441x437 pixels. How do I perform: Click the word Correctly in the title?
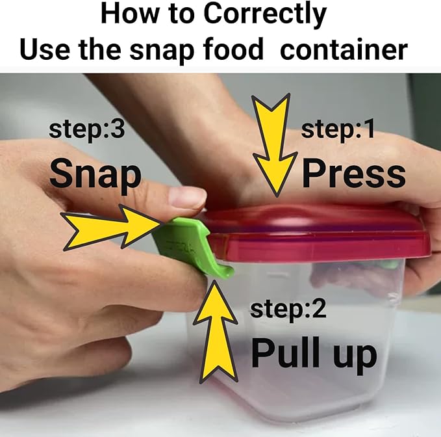tap(265, 14)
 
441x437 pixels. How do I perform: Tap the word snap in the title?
tap(162, 51)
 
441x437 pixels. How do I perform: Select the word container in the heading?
tap(344, 49)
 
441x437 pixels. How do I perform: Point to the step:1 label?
tap(338, 129)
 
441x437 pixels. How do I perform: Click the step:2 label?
tap(288, 310)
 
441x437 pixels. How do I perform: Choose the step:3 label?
tap(86, 129)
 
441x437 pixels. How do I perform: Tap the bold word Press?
tap(354, 172)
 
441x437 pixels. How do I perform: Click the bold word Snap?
tap(95, 174)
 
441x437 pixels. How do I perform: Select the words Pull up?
tap(314, 354)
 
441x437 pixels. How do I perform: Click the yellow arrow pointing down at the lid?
tap(275, 144)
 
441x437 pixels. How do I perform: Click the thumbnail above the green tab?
tap(187, 196)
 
